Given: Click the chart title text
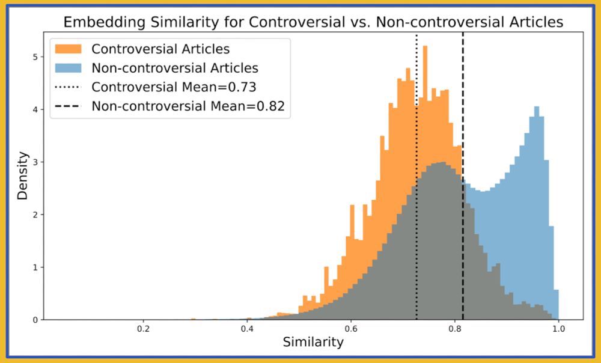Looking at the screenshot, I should click(x=313, y=23).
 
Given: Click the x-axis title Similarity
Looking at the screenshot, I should click(x=313, y=342).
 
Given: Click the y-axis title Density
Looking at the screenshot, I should click(x=22, y=175).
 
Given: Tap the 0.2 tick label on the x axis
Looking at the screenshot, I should click(x=143, y=329).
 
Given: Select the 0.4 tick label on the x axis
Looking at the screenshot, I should click(x=247, y=329).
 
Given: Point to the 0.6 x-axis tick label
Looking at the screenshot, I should click(x=351, y=329).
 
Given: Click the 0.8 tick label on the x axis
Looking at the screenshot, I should click(x=455, y=329).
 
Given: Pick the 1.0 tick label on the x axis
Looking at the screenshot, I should click(x=559, y=329).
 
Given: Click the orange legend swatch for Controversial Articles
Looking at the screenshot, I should click(x=69, y=48).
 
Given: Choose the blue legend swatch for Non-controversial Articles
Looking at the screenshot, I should click(x=69, y=67).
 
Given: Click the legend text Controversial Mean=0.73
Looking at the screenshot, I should click(x=174, y=87).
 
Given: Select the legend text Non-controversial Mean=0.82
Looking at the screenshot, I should click(x=188, y=107).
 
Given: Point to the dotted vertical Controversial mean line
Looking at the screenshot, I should click(x=416, y=180).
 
